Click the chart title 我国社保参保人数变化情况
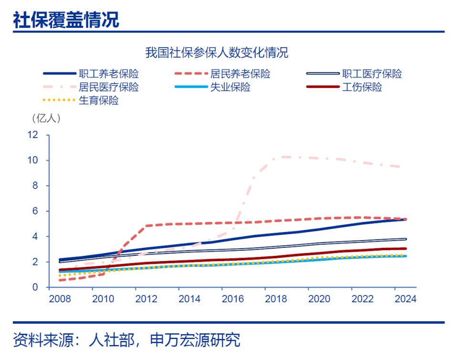[x=217, y=53]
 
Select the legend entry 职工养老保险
[x=109, y=74]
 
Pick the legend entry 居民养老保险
[x=240, y=74]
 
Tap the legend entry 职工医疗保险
[x=372, y=74]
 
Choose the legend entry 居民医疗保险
[x=109, y=87]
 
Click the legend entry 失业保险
[x=230, y=87]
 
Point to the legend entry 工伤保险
[x=362, y=87]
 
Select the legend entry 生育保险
[x=99, y=101]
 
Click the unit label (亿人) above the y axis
[x=46, y=117]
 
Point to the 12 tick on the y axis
[x=32, y=135]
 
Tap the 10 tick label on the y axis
[x=32, y=160]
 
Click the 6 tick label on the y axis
[x=35, y=211]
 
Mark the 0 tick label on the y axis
[x=35, y=287]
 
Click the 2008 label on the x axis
[x=60, y=299]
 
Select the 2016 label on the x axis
[x=233, y=299]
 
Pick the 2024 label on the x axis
[x=406, y=299]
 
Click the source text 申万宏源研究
[x=195, y=340]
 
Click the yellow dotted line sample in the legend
[x=59, y=101]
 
